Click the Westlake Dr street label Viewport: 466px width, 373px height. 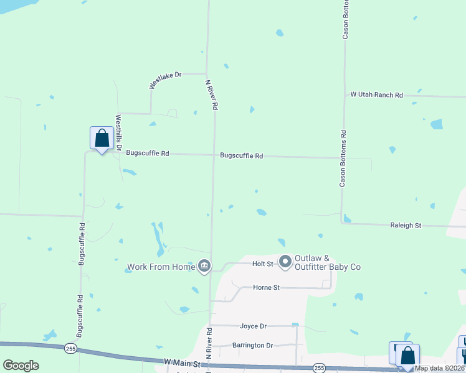pyautogui.click(x=164, y=79)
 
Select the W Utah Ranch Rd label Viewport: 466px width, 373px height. pyautogui.click(x=376, y=95)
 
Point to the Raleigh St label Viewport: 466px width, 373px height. pyautogui.click(x=406, y=225)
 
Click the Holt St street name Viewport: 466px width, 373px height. pyautogui.click(x=262, y=264)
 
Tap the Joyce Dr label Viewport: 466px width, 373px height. pyautogui.click(x=253, y=326)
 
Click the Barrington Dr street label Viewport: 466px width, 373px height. pyautogui.click(x=253, y=345)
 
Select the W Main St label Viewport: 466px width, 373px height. pyautogui.click(x=181, y=362)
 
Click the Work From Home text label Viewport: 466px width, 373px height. pyautogui.click(x=161, y=267)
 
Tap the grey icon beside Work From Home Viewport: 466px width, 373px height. pyautogui.click(x=204, y=267)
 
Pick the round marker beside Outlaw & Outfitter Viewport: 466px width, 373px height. pyautogui.click(x=285, y=262)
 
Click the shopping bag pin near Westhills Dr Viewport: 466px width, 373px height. pyautogui.click(x=102, y=139)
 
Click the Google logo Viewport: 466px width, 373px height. pyautogui.click(x=21, y=366)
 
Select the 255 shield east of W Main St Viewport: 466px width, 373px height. pyautogui.click(x=319, y=368)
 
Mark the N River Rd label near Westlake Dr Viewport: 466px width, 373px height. pyautogui.click(x=212, y=94)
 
